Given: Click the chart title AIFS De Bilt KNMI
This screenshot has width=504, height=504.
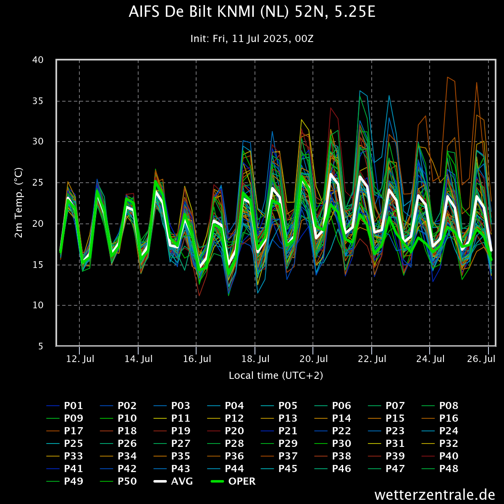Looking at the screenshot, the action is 252,12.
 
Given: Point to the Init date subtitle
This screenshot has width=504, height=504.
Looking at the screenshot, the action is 252,39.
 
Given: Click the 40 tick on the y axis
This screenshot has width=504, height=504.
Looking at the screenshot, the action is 38,60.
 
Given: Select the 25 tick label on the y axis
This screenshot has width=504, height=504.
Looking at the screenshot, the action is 38,183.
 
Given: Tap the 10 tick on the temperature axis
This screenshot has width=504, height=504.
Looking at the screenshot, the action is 38,305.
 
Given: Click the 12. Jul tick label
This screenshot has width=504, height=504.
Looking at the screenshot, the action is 80,359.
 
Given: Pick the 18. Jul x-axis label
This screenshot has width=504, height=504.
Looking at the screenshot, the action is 255,359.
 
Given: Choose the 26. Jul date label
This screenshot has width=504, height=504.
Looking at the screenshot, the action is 481,359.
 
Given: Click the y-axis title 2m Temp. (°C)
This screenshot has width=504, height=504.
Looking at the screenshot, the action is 18,203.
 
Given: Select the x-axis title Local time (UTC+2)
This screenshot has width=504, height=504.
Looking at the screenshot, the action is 276,375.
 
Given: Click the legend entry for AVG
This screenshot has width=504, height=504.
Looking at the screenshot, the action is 173,481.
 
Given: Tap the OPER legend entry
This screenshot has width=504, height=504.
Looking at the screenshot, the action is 233,481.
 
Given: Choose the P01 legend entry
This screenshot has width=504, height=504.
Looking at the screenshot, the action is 65,406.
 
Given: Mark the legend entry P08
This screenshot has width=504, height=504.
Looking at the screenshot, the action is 440,406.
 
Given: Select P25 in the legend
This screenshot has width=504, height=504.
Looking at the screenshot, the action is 65,444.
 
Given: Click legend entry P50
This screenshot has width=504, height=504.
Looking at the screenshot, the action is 118,481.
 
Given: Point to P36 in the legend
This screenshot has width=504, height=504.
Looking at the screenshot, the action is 226,456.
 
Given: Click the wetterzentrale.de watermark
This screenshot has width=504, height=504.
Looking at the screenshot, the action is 435,495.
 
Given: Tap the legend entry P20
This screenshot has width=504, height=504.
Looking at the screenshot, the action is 226,431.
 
